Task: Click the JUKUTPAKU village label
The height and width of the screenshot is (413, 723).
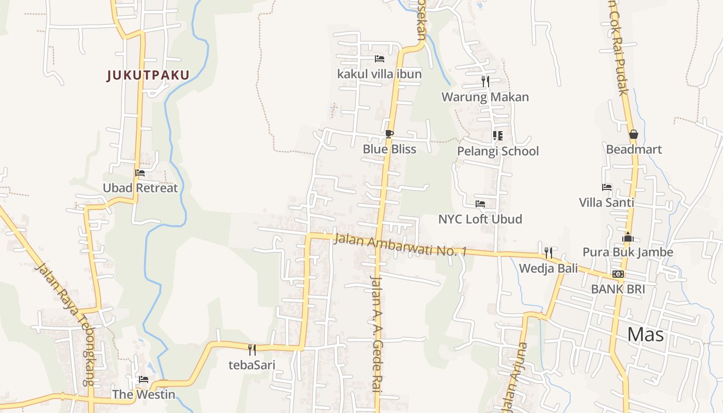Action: tap(148, 75)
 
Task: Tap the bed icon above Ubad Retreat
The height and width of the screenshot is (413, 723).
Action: tap(140, 173)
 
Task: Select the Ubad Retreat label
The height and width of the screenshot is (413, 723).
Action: tap(140, 188)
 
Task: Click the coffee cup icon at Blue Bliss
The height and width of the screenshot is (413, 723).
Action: tap(389, 134)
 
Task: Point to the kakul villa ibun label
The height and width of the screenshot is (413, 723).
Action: tap(380, 74)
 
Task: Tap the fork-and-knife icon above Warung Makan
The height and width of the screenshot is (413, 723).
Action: tap(485, 82)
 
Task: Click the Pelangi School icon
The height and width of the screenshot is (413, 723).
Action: tap(497, 136)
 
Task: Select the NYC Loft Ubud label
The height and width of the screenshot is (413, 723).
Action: tap(480, 219)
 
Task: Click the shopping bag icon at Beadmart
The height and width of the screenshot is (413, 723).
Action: tap(634, 134)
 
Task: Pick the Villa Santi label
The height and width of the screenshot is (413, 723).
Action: tap(606, 202)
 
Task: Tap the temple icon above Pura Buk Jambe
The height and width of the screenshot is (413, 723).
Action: tap(628, 237)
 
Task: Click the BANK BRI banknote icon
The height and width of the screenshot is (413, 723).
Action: tap(618, 274)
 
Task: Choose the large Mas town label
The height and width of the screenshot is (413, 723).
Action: tap(646, 335)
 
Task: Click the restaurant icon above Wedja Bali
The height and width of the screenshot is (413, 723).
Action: tap(548, 253)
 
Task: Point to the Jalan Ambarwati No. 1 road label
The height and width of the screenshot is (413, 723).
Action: tap(400, 245)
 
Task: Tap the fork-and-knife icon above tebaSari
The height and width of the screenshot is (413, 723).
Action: tap(252, 350)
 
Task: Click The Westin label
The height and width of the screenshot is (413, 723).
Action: tap(144, 394)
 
